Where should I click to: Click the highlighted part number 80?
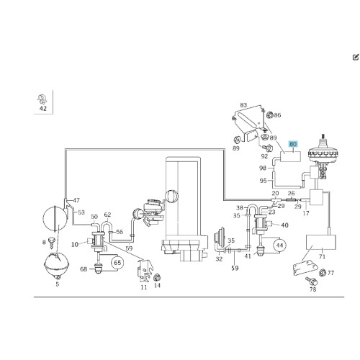pos(293,144)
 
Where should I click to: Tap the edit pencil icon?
pos(356,57)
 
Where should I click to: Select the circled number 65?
pos(117,263)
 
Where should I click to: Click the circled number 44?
pos(279,246)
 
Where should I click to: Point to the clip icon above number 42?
pos(42,99)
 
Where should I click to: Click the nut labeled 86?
pos(270,115)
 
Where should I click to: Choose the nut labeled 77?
pos(323,273)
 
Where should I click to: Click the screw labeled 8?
pos(52,242)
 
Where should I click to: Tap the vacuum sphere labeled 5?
pos(56,265)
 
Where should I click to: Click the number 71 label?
pos(322,256)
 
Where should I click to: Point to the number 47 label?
pos(76,200)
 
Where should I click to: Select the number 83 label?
pos(243,105)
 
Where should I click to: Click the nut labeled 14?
pos(157,277)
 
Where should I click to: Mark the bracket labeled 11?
pos(145,271)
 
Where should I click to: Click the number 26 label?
pos(291,193)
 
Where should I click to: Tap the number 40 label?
pos(284,225)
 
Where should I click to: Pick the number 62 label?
pos(107,215)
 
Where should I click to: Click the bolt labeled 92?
pos(268,148)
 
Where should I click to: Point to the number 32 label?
pos(219,259)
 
